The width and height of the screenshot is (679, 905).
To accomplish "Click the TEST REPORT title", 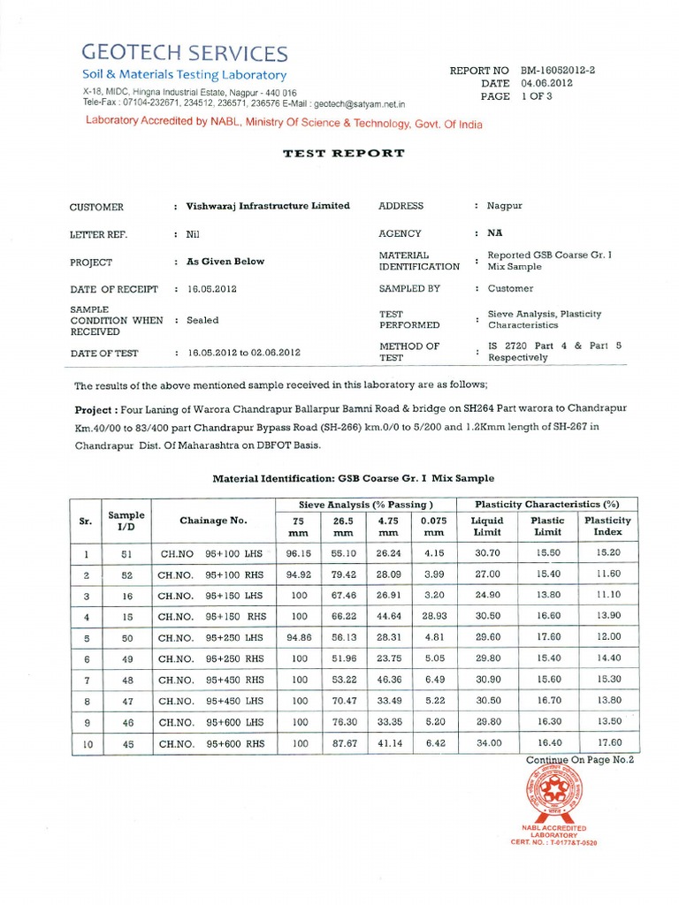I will tap(343, 153).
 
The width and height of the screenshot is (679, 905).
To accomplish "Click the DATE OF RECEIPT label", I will tap(113, 289).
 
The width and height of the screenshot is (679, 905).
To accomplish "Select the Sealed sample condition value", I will tap(202, 320).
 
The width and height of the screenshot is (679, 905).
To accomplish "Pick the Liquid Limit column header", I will tap(487, 527).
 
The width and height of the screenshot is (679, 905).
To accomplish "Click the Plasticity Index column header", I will tap(608, 527).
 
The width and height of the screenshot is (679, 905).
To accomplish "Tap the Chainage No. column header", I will tap(213, 521).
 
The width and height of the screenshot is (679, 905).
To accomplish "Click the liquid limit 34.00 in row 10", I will tap(487, 743).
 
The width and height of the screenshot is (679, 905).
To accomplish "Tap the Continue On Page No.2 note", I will tap(580, 759).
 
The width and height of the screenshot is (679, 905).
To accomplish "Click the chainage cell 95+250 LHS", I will tap(212, 637).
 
